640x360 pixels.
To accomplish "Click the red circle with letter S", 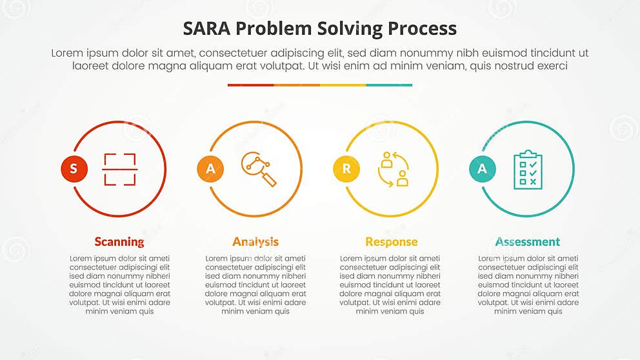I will [74, 169].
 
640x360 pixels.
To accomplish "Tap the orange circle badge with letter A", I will [210, 169].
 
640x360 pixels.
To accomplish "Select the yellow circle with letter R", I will [346, 169].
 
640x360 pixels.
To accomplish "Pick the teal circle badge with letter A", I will [482, 169].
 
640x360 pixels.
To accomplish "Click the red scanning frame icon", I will [119, 169].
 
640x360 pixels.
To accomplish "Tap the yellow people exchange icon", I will [393, 169].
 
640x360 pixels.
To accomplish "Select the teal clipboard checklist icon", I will [528, 170].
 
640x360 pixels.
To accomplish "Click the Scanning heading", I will [119, 242].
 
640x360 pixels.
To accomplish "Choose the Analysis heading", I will [255, 242].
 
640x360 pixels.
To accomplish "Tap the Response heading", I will [392, 242].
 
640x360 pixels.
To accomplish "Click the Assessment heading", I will [528, 242].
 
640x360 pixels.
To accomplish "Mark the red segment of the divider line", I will [250, 85].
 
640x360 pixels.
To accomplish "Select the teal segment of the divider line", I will [389, 85].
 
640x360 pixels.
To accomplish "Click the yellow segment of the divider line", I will [343, 85].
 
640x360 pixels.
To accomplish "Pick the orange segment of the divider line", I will [297, 85].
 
